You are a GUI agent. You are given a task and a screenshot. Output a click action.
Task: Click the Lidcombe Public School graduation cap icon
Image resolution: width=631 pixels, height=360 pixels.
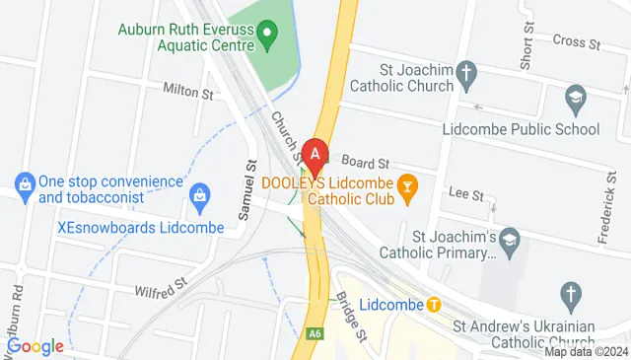pos(575,99)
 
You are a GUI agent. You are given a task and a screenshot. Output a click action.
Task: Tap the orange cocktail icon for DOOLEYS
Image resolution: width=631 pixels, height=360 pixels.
pos(405,183)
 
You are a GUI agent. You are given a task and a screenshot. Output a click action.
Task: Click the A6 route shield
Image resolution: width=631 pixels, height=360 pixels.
pos(315,335)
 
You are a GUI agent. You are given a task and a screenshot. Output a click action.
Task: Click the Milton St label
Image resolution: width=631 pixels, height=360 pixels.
pos(193,94)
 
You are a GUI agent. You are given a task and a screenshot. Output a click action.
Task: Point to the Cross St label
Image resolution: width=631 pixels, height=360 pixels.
pos(577,42)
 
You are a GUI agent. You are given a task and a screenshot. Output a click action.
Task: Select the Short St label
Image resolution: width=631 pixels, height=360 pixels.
pos(526,45)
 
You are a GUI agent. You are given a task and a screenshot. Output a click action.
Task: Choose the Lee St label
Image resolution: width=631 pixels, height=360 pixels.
pos(465,193)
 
